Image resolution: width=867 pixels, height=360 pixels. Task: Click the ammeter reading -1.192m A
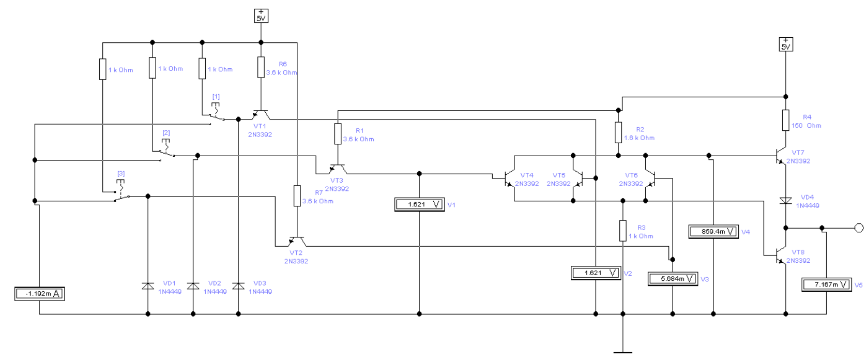pyautogui.click(x=39, y=294)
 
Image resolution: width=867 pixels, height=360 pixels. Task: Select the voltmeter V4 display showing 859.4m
pyautogui.click(x=713, y=232)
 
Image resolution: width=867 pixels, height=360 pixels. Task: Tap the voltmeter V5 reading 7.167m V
pyautogui.click(x=826, y=284)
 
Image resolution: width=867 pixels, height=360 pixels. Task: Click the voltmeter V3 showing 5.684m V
pyautogui.click(x=673, y=279)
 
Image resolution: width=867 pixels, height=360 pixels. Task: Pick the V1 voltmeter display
pyautogui.click(x=420, y=204)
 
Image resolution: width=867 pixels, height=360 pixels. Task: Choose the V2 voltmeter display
pyautogui.click(x=596, y=273)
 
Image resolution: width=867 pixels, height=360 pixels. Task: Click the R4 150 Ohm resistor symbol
pyautogui.click(x=785, y=120)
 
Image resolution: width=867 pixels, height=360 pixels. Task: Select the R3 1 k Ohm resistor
pyautogui.click(x=623, y=231)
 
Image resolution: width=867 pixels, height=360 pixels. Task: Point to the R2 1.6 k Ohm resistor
pyautogui.click(x=618, y=132)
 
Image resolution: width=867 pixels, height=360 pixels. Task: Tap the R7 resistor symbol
pyautogui.click(x=297, y=196)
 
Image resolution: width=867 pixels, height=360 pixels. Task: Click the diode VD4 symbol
pyautogui.click(x=785, y=201)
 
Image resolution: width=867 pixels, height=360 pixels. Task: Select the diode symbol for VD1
pyautogui.click(x=147, y=286)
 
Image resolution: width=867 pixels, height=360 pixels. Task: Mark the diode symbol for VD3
pyautogui.click(x=238, y=286)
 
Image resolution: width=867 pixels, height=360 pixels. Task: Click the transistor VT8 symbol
pyautogui.click(x=781, y=254)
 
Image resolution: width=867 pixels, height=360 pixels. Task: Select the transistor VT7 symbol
pyautogui.click(x=781, y=156)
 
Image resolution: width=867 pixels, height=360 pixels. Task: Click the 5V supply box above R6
pyautogui.click(x=261, y=16)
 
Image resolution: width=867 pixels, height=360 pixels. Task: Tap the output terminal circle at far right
pyautogui.click(x=859, y=228)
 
